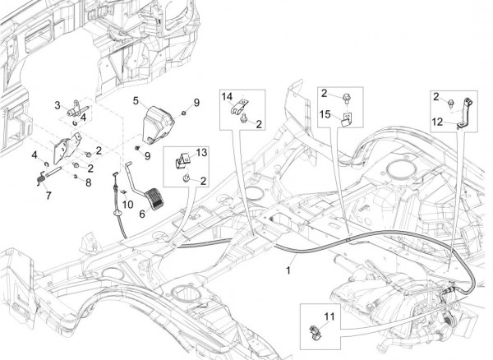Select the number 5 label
point(136,100)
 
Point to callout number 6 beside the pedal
point(142,212)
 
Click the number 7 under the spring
point(48,196)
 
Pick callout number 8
point(89,182)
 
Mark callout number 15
point(325,113)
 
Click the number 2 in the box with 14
point(258,124)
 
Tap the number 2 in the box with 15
point(325,93)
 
